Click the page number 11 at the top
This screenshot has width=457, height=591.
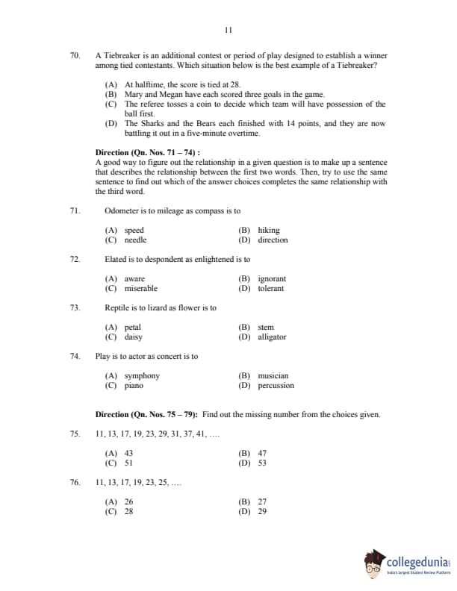click(x=228, y=30)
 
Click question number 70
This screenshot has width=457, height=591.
click(x=75, y=56)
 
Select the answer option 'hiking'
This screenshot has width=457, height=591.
click(x=268, y=231)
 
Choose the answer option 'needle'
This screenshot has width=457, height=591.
click(x=135, y=240)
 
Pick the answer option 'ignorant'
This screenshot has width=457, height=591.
click(x=272, y=279)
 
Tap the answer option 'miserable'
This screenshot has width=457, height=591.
click(x=140, y=289)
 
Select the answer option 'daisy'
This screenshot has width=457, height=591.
click(x=133, y=337)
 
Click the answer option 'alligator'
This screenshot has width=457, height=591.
click(x=272, y=337)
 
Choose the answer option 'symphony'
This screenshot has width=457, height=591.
click(x=142, y=376)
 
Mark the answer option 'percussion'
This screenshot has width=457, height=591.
click(x=276, y=386)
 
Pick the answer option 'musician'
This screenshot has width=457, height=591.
click(x=273, y=376)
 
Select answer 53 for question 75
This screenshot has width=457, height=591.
click(x=262, y=463)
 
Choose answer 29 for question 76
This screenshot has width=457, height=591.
click(x=262, y=511)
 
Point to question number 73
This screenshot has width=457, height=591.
click(x=75, y=307)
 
